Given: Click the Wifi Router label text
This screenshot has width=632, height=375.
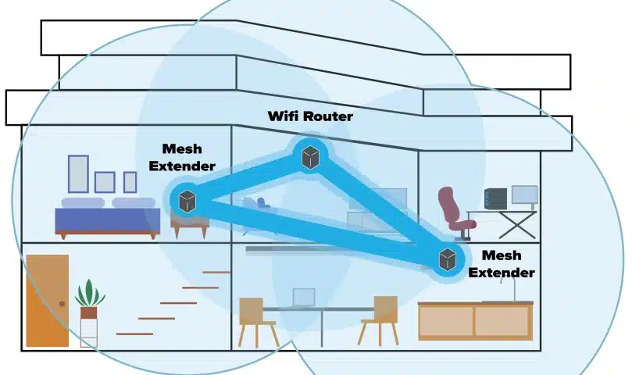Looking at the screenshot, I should tap(310, 116).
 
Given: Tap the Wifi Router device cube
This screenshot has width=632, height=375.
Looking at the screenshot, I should tap(311, 157).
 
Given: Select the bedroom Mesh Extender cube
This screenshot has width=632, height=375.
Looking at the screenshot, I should tap(187, 201).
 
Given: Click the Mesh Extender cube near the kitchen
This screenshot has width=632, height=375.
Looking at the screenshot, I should tap(447, 260).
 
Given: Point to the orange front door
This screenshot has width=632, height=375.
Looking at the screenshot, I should tap(47, 300).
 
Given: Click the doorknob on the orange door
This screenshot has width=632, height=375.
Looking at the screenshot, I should tap(62, 302).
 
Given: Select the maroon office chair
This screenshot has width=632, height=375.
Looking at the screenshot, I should tap(455, 210).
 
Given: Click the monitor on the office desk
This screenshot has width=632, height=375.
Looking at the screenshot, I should tap(523, 195).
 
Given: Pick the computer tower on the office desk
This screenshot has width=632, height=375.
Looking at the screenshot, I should tap(495, 199).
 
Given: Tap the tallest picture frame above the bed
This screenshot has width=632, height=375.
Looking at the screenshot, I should tap(78, 173).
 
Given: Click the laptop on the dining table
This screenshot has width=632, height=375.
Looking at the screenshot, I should tap(303, 298).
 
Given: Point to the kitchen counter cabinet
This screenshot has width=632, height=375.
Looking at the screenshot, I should tap(474, 320).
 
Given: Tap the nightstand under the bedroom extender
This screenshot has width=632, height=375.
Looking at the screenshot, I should tap(190, 227).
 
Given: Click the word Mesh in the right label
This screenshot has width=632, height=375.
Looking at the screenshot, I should tap(502, 255).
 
